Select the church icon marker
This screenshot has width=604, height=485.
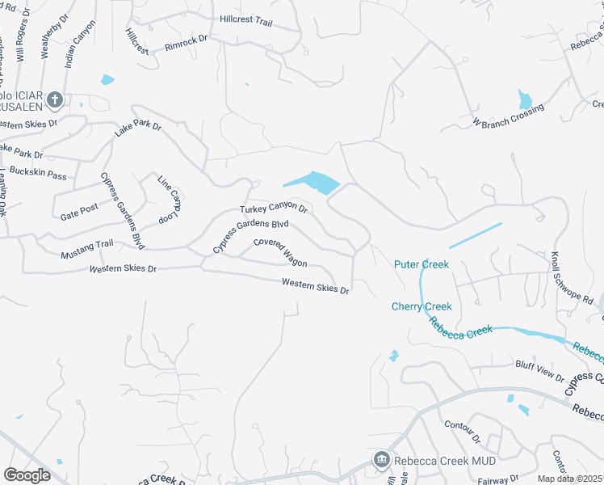[54, 100]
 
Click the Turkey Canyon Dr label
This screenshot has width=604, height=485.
[274, 209]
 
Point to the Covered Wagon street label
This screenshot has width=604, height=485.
[280, 252]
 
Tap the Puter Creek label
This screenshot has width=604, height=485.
[421, 264]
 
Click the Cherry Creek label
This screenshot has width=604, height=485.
[422, 306]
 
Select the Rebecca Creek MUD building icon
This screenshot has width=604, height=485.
[381, 460]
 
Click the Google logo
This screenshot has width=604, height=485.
[27, 474]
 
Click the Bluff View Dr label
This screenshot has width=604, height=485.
[539, 370]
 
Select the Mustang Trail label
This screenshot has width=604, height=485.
[86, 249]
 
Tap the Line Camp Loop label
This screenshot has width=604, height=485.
[169, 200]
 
